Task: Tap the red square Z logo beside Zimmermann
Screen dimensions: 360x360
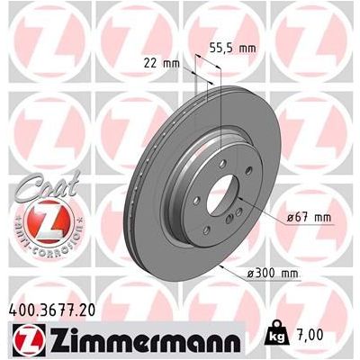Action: click(x=24, y=339)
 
